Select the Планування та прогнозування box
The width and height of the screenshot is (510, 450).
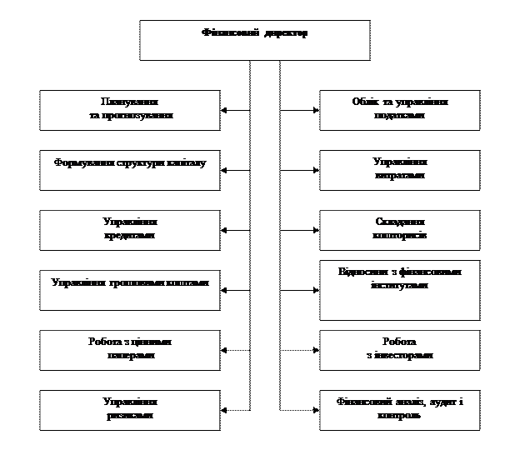pos(130,110)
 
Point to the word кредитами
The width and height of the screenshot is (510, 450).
pos(130,235)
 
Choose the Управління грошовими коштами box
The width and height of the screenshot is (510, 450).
pos(130,290)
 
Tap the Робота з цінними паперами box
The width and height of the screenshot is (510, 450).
pos(130,349)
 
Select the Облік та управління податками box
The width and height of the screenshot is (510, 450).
pos(400,110)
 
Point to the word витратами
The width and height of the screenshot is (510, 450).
pos(400,176)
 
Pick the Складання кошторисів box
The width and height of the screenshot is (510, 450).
pos(400,230)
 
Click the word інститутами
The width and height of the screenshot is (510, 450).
pos(400,284)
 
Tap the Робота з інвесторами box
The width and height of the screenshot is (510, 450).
pos(400,349)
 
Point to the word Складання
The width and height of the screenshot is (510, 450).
pos(400,222)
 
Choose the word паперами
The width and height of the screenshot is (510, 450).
pos(130,354)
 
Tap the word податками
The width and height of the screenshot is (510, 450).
pos(400,115)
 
